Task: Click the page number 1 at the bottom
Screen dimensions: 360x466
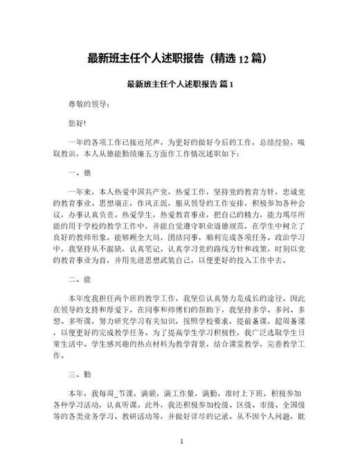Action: [181, 440]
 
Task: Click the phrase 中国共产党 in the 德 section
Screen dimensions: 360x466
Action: [154, 190]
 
